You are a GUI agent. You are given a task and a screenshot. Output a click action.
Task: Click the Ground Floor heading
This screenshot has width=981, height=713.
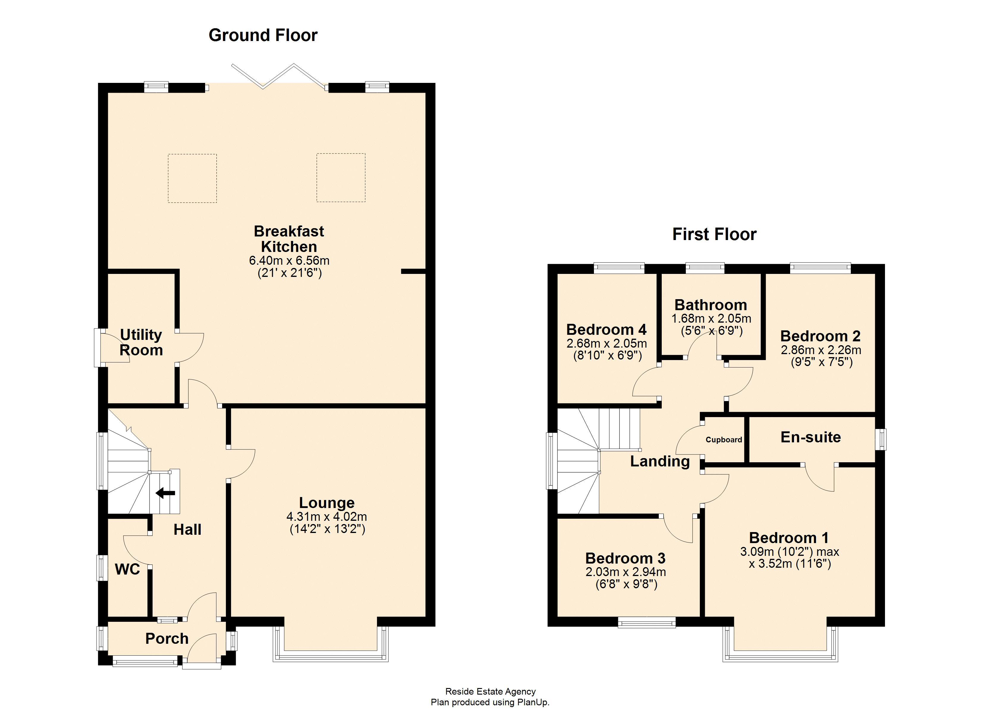tap(263, 35)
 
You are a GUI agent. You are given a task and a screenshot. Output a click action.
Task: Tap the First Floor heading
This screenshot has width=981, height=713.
tap(714, 234)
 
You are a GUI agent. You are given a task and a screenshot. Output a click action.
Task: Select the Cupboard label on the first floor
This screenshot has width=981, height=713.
tap(724, 440)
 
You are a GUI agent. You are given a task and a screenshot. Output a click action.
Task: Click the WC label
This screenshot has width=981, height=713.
tap(127, 570)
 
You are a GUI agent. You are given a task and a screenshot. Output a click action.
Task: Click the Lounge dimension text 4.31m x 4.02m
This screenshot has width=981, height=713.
tap(327, 517)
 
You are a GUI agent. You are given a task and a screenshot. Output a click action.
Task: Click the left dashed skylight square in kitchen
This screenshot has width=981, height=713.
tap(192, 178)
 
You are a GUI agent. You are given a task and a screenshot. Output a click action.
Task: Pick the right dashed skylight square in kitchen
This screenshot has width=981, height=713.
tap(341, 178)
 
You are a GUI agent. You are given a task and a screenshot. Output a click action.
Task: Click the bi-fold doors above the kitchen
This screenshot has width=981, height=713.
tap(279, 77)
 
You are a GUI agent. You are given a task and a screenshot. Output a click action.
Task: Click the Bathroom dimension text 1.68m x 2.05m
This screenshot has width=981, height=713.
tap(711, 319)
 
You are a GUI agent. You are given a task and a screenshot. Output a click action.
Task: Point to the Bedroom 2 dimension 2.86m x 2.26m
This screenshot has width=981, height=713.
tap(820, 350)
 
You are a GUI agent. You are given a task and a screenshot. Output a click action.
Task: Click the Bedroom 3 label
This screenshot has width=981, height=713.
tap(625, 558)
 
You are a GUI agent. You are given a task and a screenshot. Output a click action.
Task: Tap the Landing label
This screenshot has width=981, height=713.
tap(660, 461)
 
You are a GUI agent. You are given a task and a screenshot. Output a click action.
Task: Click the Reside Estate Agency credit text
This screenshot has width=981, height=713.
tap(491, 691)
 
